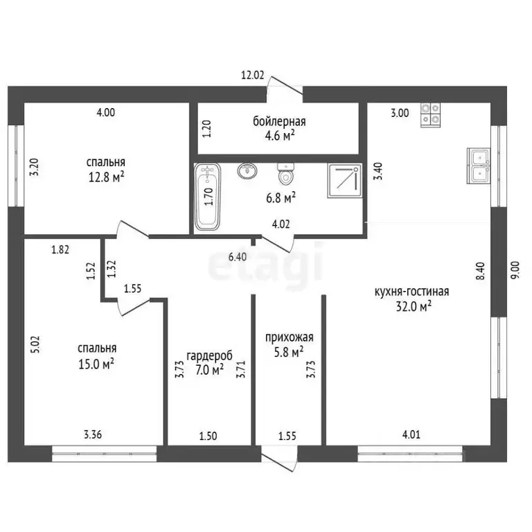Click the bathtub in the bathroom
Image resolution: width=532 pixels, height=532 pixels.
click(207, 197)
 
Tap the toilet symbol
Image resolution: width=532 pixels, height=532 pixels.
click(285, 174)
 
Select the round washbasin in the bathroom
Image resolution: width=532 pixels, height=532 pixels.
click(247, 170)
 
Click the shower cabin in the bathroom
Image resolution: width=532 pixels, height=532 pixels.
click(344, 181)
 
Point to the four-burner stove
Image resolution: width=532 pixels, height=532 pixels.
click(431, 115)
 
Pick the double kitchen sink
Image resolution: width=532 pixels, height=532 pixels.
click(479, 166)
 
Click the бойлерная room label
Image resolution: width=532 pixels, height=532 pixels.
click(279, 121)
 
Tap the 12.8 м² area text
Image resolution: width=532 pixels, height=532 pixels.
click(106, 177)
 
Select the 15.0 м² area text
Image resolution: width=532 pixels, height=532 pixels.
click(96, 364)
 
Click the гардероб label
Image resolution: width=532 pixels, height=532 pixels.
click(210, 355)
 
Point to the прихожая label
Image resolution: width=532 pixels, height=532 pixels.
click(290, 337)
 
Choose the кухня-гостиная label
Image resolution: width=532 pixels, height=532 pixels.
click(411, 292)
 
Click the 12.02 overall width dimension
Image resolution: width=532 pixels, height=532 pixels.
click(252, 75)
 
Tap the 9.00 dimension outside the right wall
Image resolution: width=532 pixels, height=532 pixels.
click(515, 270)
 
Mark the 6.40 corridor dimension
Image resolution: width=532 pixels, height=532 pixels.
click(238, 257)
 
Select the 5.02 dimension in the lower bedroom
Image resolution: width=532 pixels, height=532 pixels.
click(35, 344)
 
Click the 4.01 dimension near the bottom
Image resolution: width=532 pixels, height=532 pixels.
click(411, 434)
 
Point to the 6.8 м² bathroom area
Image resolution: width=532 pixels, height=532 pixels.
click(281, 197)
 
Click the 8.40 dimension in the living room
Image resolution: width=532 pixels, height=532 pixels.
click(481, 271)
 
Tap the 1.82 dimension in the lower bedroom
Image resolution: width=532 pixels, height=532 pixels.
click(60, 249)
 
